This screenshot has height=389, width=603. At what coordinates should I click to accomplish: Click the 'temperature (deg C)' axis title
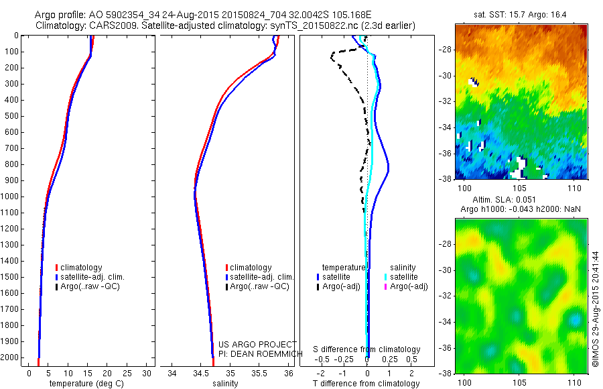pyautogui.click(x=84, y=384)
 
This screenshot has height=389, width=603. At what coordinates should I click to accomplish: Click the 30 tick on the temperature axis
pyautogui.click(x=145, y=374)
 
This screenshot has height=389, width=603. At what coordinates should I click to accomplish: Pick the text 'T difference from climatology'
pyautogui.click(x=366, y=384)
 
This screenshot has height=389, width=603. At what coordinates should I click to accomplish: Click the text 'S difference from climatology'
pyautogui.click(x=367, y=350)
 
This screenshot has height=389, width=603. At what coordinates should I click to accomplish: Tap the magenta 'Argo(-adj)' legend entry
pyautogui.click(x=408, y=286)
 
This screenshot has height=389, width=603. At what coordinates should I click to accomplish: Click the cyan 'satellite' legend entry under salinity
pyautogui.click(x=404, y=277)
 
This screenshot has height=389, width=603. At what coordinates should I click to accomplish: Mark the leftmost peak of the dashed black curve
pyautogui.click(x=331, y=58)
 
